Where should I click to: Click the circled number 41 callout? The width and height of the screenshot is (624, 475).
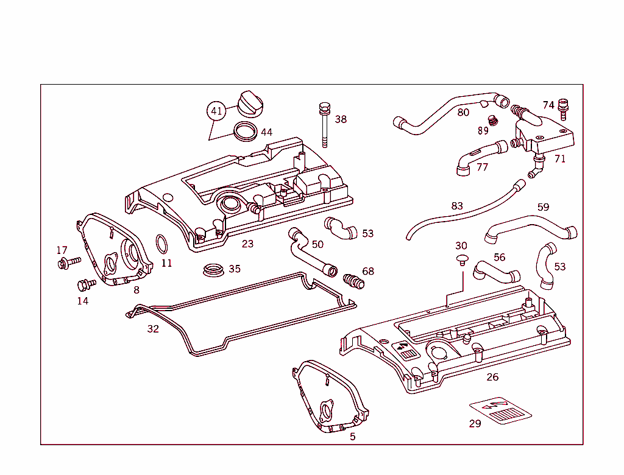[x=216, y=111]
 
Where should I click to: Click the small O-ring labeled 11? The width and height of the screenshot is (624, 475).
[x=162, y=244]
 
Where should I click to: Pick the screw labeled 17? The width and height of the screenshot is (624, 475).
[x=68, y=262]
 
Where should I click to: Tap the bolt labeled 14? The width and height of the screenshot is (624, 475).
[x=85, y=284]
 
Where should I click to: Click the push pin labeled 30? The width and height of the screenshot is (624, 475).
[x=462, y=261]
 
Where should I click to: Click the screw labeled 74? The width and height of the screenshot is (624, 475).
[x=563, y=110]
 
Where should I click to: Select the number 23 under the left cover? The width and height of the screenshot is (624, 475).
[x=247, y=244]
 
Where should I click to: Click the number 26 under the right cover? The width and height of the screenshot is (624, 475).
[x=492, y=377]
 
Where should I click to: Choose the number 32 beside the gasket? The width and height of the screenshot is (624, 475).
[x=153, y=329]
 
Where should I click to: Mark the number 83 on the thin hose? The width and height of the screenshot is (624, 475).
[x=457, y=206]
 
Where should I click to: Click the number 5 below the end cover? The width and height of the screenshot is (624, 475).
[x=352, y=436]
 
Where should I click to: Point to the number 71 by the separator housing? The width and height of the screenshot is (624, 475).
[x=560, y=159]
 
